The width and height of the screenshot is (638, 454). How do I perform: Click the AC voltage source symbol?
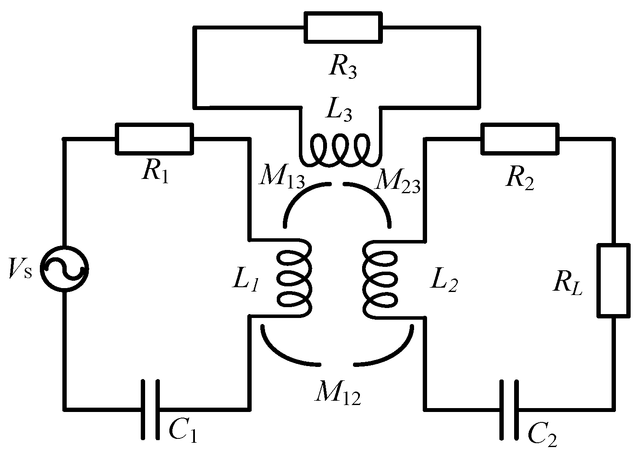point(64,269)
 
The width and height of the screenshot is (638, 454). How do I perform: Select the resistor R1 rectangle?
point(154,139)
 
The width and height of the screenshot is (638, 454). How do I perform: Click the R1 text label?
point(154,172)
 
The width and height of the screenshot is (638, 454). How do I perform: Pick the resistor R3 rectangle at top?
point(343,27)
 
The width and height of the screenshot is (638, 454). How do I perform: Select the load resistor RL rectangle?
point(614,280)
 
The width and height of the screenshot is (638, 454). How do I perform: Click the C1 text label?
point(182,431)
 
